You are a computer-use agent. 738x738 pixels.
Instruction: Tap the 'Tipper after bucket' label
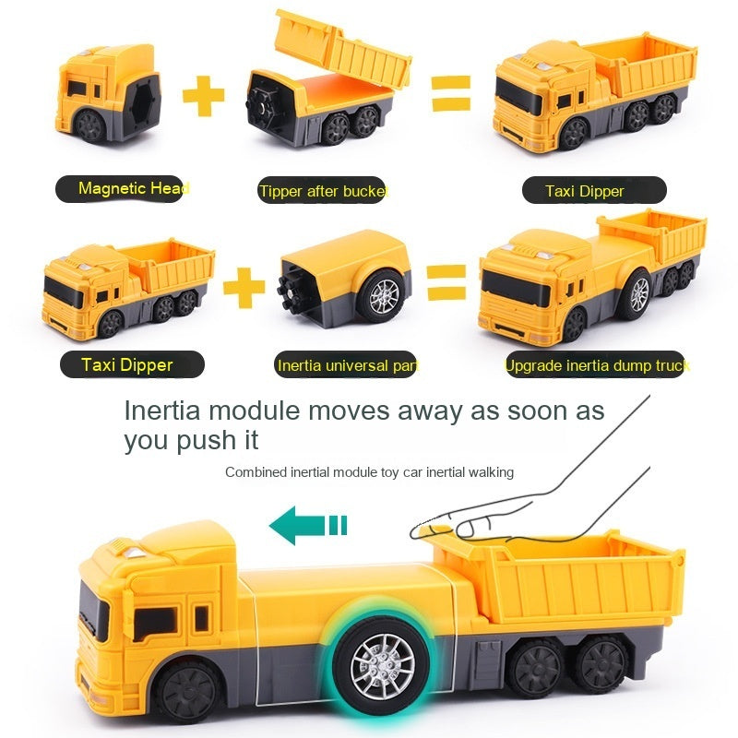323,191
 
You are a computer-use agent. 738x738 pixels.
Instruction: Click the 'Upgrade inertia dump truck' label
597,365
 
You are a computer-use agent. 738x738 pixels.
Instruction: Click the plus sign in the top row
204,96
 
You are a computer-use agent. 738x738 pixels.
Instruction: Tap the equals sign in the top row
451,94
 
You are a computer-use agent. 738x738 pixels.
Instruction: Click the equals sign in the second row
446,281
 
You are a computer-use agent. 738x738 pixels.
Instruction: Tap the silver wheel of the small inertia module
380,296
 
